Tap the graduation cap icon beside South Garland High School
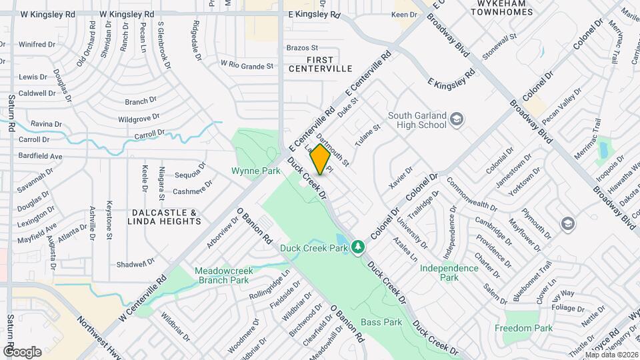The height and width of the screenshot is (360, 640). [x=457, y=119]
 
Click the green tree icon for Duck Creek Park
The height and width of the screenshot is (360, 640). [x=359, y=247]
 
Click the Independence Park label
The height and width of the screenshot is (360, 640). [x=449, y=272]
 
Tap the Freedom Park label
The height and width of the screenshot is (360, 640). [x=523, y=328]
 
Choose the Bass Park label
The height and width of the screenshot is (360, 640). [x=381, y=322]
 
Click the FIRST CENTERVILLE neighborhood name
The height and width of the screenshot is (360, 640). [x=320, y=64]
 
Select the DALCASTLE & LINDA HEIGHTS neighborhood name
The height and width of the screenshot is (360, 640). [x=162, y=217]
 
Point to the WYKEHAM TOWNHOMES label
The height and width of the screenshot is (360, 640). [x=501, y=7]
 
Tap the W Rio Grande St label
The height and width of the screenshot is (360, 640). [x=247, y=65]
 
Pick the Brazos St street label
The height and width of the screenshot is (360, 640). [x=302, y=48]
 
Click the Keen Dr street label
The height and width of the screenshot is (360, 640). [x=404, y=14]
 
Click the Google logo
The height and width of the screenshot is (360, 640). [x=22, y=351]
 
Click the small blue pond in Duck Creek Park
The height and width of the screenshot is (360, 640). [x=341, y=240]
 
